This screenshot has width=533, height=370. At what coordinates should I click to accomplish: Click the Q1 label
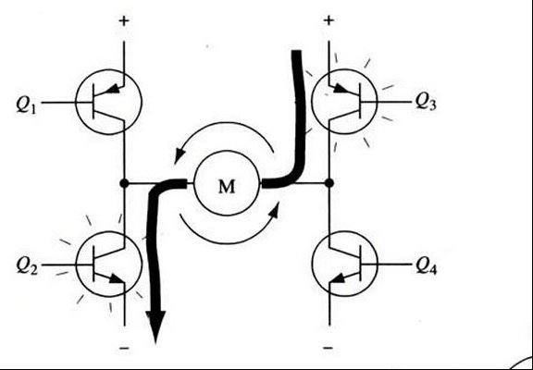26,104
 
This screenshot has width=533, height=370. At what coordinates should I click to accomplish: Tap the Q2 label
26,266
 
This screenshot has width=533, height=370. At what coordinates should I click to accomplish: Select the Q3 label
426,102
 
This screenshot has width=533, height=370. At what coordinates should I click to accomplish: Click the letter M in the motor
227,187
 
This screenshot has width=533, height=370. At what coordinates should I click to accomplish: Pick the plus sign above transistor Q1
124,21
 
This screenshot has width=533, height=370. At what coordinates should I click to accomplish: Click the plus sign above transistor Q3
328,21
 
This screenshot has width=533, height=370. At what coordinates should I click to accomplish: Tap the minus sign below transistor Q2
124,348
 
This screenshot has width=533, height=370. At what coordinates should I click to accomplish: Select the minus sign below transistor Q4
328,348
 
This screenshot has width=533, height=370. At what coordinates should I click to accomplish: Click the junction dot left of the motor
124,183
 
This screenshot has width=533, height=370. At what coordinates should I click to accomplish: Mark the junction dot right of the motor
328,183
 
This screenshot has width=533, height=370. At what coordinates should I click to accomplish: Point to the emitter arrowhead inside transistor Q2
117,279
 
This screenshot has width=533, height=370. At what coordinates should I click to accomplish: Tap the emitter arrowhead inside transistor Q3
341,89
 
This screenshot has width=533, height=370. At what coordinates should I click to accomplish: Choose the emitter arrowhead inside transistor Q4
338,278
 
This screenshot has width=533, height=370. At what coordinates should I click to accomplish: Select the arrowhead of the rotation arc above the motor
179,156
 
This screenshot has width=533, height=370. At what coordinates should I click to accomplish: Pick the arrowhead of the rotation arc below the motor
275,209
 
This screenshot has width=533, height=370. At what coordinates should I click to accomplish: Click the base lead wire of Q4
386,264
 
